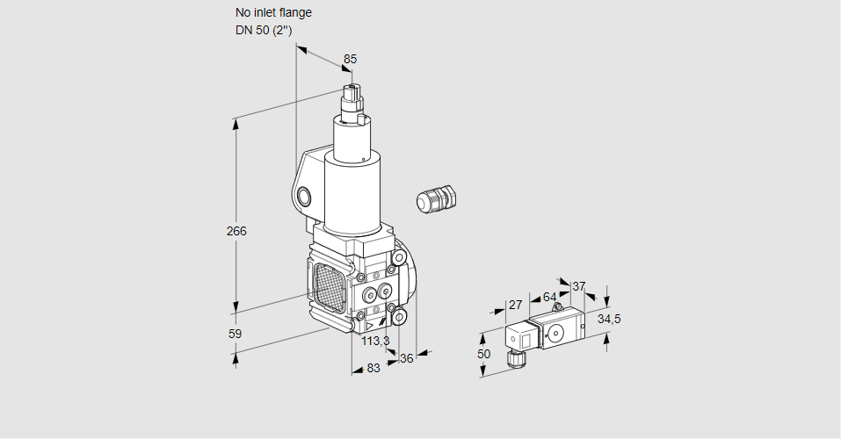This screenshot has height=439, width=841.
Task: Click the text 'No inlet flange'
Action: click(x=272, y=13)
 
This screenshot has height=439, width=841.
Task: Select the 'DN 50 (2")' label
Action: click(x=263, y=30)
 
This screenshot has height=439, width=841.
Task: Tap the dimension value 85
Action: click(x=350, y=59)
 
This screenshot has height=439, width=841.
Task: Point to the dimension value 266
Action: click(x=236, y=232)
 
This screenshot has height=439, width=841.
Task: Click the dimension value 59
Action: click(x=235, y=334)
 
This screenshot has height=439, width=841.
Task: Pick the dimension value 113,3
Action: click(x=375, y=341)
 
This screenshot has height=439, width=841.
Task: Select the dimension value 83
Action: click(x=373, y=369)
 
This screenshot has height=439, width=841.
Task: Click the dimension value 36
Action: click(x=406, y=358)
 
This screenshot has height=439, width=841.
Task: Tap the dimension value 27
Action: click(x=516, y=306)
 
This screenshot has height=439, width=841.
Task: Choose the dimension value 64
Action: click(x=549, y=297)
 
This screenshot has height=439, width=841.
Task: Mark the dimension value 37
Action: click(x=578, y=286)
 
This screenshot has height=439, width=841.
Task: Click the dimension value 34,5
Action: click(x=609, y=319)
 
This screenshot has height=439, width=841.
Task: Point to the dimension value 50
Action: click(x=482, y=353)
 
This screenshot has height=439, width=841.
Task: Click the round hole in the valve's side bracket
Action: click(x=304, y=196)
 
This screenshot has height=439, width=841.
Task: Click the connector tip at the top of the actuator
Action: click(x=353, y=91)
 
